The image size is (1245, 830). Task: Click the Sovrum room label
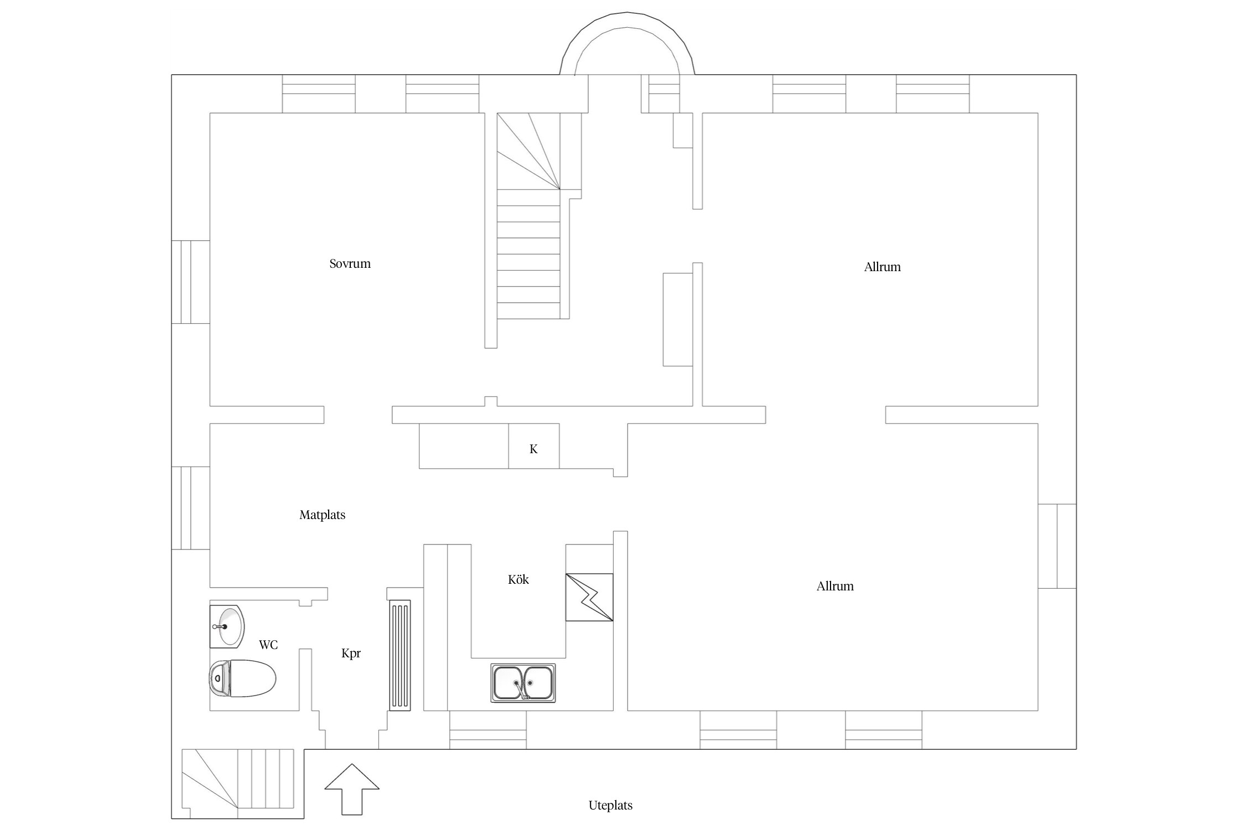coord(350,264)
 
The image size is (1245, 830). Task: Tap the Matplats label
coord(322,515)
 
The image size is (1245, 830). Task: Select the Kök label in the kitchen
coord(518,579)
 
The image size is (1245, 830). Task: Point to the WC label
coord(268,645)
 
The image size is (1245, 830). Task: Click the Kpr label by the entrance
coord(351,653)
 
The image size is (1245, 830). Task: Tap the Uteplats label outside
coord(610,806)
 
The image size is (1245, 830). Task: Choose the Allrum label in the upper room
coord(882,267)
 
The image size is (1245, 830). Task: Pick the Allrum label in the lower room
coord(835,586)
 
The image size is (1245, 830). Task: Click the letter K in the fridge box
coord(533,449)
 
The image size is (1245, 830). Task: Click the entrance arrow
coord(352,789)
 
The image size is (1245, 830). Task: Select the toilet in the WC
coord(242,678)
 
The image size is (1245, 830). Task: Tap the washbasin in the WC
coord(227,626)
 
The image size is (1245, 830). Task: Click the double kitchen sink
coord(523,683)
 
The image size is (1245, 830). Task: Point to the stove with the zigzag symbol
coord(589,598)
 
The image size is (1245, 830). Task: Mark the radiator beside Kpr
coord(400,655)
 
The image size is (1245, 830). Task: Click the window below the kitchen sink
coord(487,730)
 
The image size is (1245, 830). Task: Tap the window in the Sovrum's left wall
coord(190,282)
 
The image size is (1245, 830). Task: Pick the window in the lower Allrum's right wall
coord(1057,546)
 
